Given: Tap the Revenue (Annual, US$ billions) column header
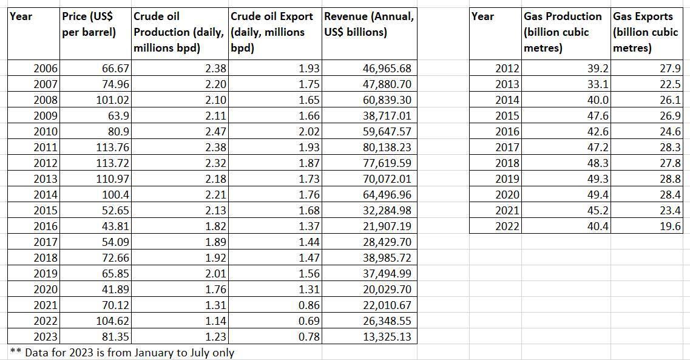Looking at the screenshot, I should [x=369, y=24].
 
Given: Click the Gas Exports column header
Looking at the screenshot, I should [x=646, y=32].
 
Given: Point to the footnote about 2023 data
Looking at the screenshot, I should [x=121, y=353].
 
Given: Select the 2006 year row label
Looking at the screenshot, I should [x=45, y=69].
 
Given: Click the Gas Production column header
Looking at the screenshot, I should [x=563, y=32].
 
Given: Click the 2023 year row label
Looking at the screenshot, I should [x=45, y=337].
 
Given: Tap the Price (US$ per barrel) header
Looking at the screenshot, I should [x=89, y=24].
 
